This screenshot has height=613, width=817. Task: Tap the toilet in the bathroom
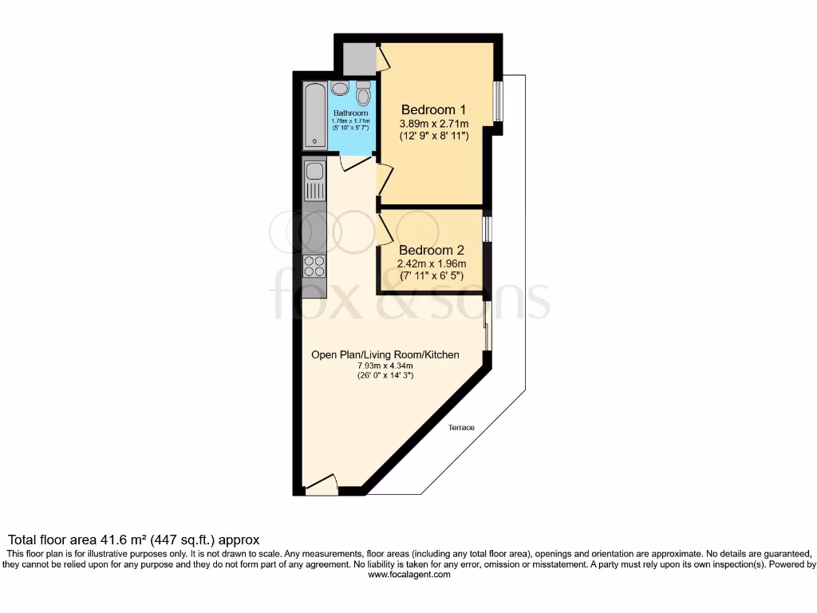click(x=364, y=96)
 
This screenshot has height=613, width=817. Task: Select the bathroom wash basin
click(x=340, y=88)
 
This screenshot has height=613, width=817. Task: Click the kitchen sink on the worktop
click(x=314, y=172)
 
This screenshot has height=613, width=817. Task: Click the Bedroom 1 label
click(x=433, y=109)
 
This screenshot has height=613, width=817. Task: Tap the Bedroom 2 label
click(x=432, y=250)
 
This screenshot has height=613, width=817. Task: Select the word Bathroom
click(x=350, y=113)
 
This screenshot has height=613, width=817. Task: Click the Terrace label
click(x=460, y=428)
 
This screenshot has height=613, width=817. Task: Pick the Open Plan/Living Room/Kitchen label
click(x=385, y=354)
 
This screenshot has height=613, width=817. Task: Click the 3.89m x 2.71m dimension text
click(x=433, y=124)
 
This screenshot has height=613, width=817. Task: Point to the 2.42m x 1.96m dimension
click(x=432, y=264)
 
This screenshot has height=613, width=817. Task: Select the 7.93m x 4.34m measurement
click(x=385, y=366)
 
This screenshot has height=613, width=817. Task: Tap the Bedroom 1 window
click(x=497, y=101)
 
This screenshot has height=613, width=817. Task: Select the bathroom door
click(x=351, y=164)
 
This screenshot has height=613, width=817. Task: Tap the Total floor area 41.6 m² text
click(x=133, y=540)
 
